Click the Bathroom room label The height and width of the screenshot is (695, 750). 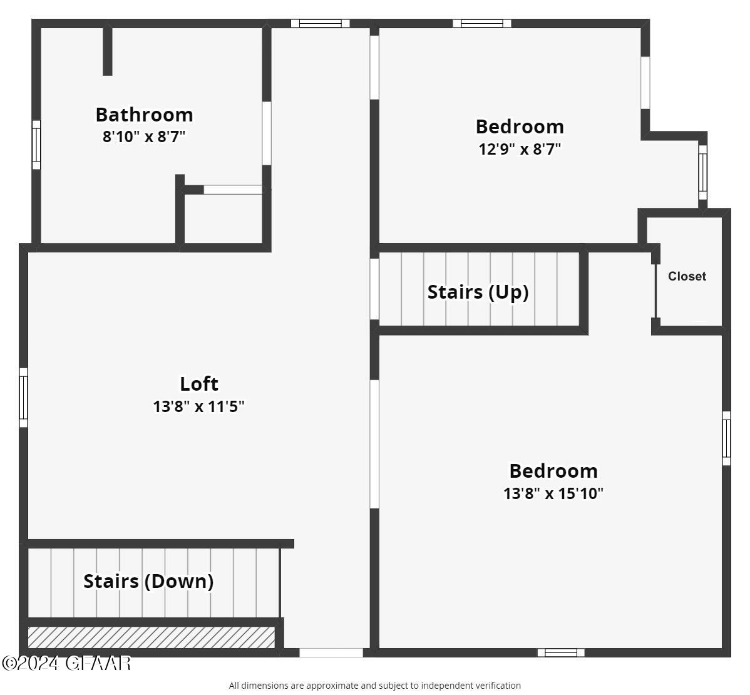coord(144,115)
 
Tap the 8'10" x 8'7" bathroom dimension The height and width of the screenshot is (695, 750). coord(144,136)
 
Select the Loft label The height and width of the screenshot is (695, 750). coord(199,383)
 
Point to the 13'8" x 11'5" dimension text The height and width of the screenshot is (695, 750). coord(199,406)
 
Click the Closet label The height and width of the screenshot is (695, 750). coord(687,276)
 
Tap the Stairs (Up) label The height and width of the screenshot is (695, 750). coord(478,292)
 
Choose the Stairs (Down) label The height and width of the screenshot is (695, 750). coord(148,581)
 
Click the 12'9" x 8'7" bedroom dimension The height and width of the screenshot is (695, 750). coord(520,149)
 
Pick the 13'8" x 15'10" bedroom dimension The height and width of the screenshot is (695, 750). coord(553,493)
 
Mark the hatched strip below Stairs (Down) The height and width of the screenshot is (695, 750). coord(152,637)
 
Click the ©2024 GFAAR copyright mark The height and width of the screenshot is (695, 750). coord(66,662)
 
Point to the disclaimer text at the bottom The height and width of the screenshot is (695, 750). coord(374,686)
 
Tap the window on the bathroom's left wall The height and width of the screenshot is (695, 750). coord(36,145)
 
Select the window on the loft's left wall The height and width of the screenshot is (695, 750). coord(24,398)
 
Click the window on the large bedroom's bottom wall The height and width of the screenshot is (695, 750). coord(561,652)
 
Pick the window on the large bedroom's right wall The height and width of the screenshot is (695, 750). coord(726,438)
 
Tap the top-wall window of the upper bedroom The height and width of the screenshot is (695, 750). coord(482,24)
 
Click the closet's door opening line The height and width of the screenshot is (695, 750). coord(655,291)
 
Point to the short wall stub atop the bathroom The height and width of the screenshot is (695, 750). coord(108,51)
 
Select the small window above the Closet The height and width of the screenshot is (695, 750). coord(703,172)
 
